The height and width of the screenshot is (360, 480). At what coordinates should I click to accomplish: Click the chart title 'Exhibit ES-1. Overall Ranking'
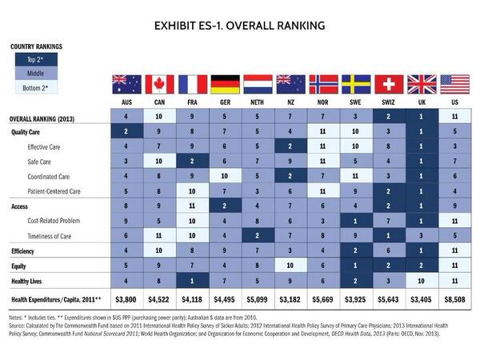click(240, 26)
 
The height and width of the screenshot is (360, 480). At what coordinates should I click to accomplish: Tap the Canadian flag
click(158, 85)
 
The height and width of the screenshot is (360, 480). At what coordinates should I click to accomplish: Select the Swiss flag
click(390, 85)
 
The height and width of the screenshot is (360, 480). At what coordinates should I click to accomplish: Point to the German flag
click(225, 85)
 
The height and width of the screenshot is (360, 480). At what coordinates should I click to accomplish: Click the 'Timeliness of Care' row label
click(56, 234)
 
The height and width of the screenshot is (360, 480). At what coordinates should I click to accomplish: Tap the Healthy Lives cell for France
click(192, 279)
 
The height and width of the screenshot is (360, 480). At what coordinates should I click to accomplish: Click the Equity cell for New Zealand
click(291, 264)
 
